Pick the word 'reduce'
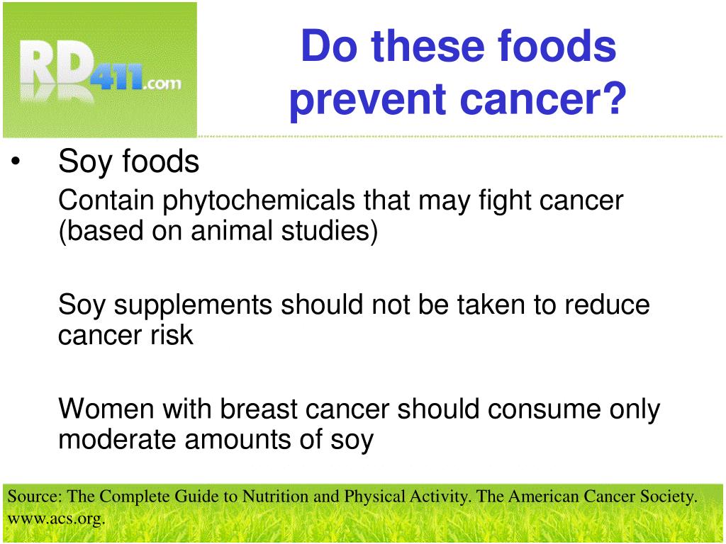pos(607,305)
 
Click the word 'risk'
pos(171,335)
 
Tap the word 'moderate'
pos(118,440)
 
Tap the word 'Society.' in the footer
pos(669,497)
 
